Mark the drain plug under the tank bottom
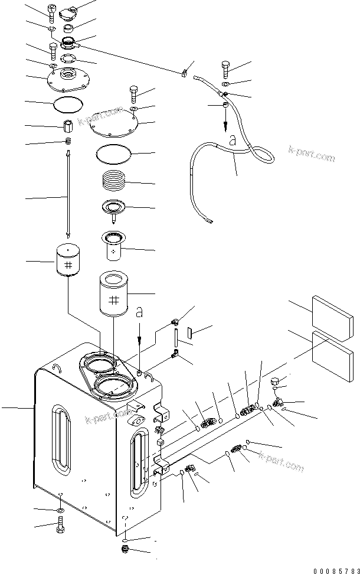(125, 551)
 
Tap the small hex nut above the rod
(68, 126)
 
